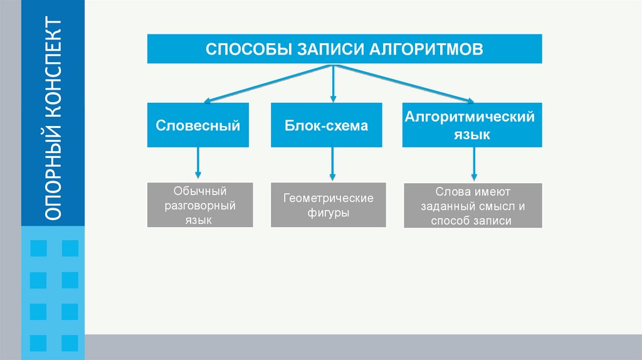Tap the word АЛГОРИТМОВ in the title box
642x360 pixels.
click(426, 49)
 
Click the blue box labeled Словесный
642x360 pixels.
click(198, 125)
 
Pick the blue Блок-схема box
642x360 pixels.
click(326, 125)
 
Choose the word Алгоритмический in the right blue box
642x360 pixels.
click(470, 117)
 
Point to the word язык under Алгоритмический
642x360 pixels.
click(471, 135)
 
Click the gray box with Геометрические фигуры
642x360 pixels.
click(329, 205)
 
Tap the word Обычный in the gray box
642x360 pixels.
click(200, 191)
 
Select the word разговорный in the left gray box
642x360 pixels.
click(200, 206)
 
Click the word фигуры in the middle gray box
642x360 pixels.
click(328, 213)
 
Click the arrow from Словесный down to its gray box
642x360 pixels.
click(198, 162)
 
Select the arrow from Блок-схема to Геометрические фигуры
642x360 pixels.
click(332, 164)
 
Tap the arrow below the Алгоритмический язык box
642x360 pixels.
click(474, 164)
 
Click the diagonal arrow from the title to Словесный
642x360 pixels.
click(268, 83)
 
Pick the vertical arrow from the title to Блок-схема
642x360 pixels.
click(334, 83)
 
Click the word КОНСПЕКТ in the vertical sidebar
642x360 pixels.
click(53, 68)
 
